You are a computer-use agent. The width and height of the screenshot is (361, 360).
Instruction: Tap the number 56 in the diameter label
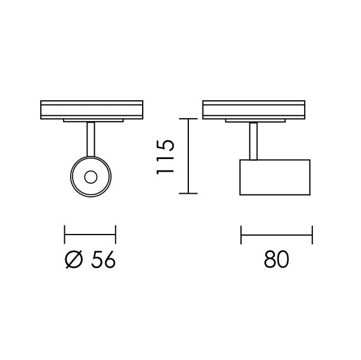click(102, 260)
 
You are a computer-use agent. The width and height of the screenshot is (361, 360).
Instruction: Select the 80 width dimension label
click(276, 260)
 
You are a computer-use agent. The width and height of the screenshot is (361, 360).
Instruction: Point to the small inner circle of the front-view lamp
click(91, 176)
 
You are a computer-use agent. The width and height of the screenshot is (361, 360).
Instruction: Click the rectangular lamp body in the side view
click(275, 177)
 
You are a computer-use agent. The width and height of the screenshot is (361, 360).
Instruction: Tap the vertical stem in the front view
click(91, 140)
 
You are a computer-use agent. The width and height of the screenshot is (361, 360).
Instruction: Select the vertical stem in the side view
click(254, 142)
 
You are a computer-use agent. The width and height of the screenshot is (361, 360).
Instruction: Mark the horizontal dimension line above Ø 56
click(90, 235)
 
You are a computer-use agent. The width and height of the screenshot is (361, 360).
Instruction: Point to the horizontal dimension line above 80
click(276, 235)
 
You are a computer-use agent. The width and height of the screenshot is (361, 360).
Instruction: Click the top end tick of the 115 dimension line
click(189, 119)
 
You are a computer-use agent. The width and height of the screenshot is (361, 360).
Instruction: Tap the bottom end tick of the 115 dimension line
click(189, 194)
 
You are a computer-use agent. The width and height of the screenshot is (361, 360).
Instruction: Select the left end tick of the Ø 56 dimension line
click(65, 235)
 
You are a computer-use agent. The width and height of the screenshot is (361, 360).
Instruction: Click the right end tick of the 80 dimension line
click(311, 235)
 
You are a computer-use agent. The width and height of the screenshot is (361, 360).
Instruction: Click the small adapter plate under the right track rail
click(254, 120)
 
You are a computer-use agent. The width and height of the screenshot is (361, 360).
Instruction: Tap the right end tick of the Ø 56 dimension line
click(116, 235)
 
